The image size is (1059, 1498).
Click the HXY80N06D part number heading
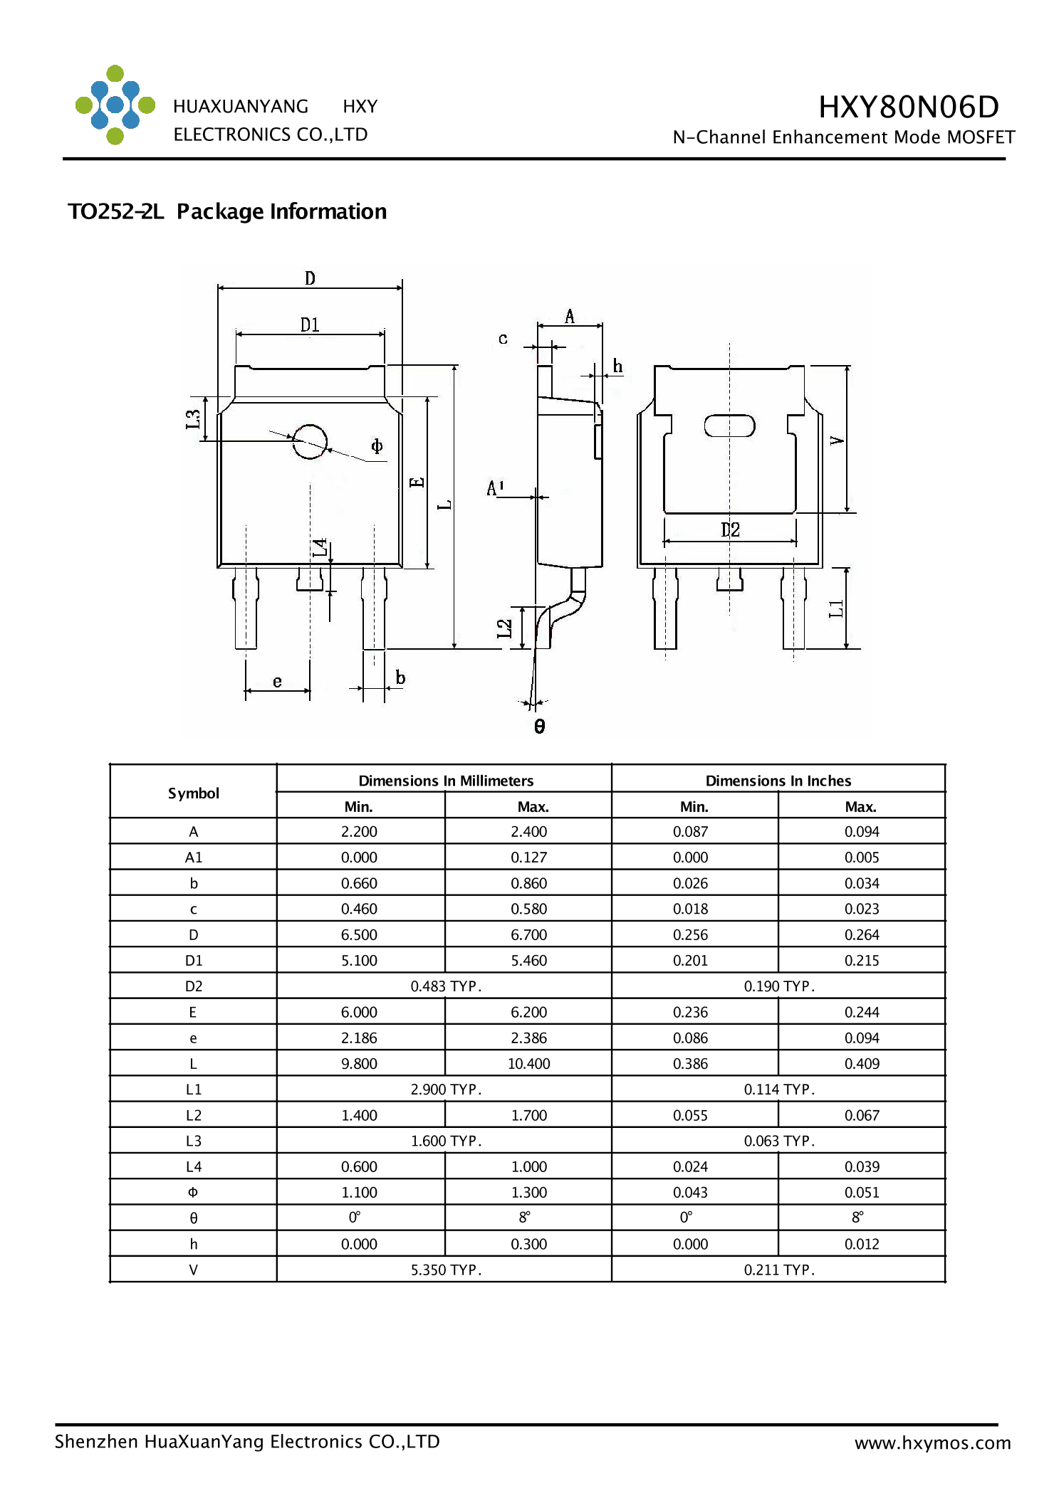[x=908, y=107]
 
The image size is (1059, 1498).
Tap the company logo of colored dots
[x=115, y=105]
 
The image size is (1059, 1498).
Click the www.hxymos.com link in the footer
[x=932, y=1442]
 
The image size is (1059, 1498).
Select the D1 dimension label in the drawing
[x=310, y=325]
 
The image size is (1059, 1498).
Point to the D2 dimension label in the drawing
[x=730, y=529]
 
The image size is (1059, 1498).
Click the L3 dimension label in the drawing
[x=193, y=419]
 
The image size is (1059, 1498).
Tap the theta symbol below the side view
[x=539, y=726]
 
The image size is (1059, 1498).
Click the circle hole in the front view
[x=310, y=442]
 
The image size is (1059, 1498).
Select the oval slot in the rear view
[x=729, y=426]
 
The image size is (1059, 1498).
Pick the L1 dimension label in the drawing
[x=836, y=608]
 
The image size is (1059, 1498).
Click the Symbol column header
[x=193, y=793]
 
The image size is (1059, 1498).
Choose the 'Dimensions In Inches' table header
[x=778, y=781]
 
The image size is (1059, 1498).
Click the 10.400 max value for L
[x=528, y=1063]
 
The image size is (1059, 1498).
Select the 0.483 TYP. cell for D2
[x=446, y=986]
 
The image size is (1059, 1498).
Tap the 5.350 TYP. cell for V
[x=446, y=1270]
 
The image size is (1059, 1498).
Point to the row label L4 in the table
[x=193, y=1166]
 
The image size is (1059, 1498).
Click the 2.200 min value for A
[x=359, y=831]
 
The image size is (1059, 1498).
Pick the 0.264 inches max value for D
[x=861, y=934]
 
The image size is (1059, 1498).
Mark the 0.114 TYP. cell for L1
[x=778, y=1089]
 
